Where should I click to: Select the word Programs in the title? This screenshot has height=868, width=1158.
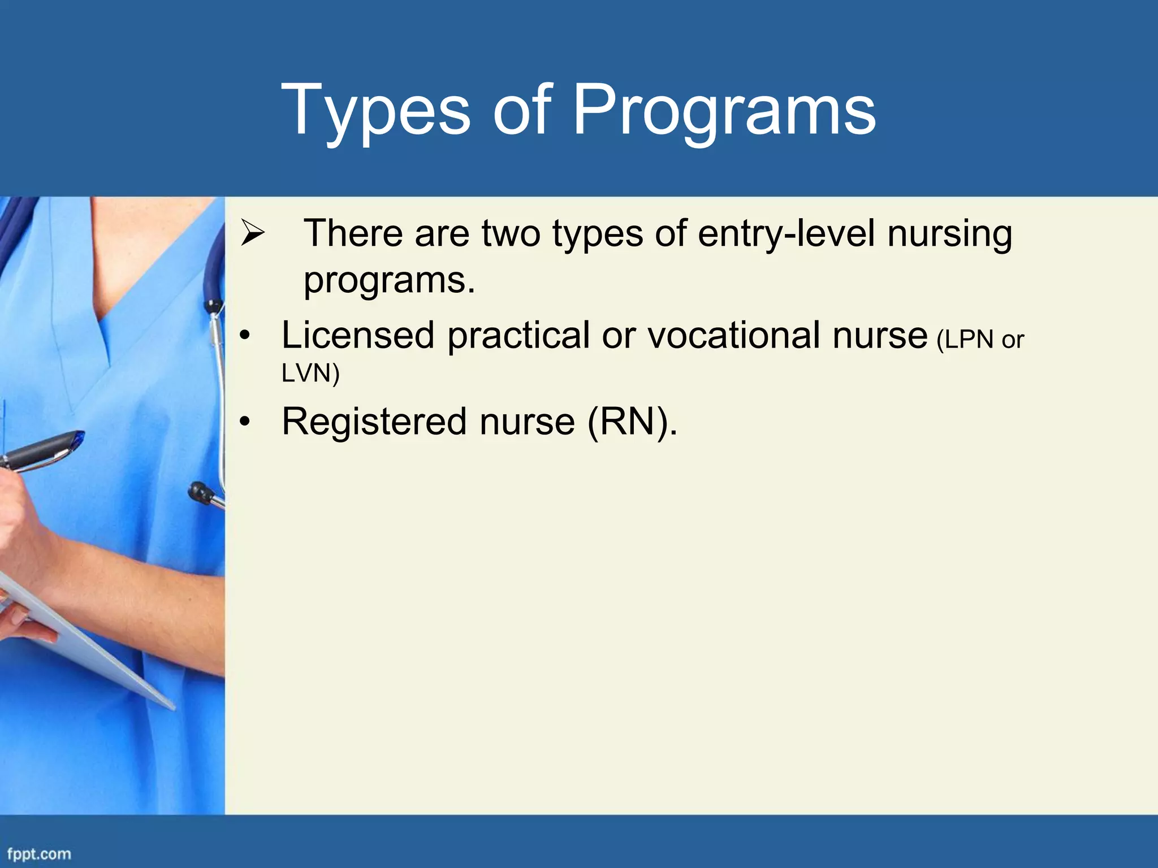click(x=724, y=110)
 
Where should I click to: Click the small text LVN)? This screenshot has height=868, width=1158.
click(x=310, y=373)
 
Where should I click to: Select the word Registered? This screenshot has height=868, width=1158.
click(x=374, y=422)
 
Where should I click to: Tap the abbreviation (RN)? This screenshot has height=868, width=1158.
click(x=632, y=422)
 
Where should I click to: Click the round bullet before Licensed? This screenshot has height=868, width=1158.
click(x=244, y=336)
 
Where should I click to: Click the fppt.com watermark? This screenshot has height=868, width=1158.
click(x=39, y=854)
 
